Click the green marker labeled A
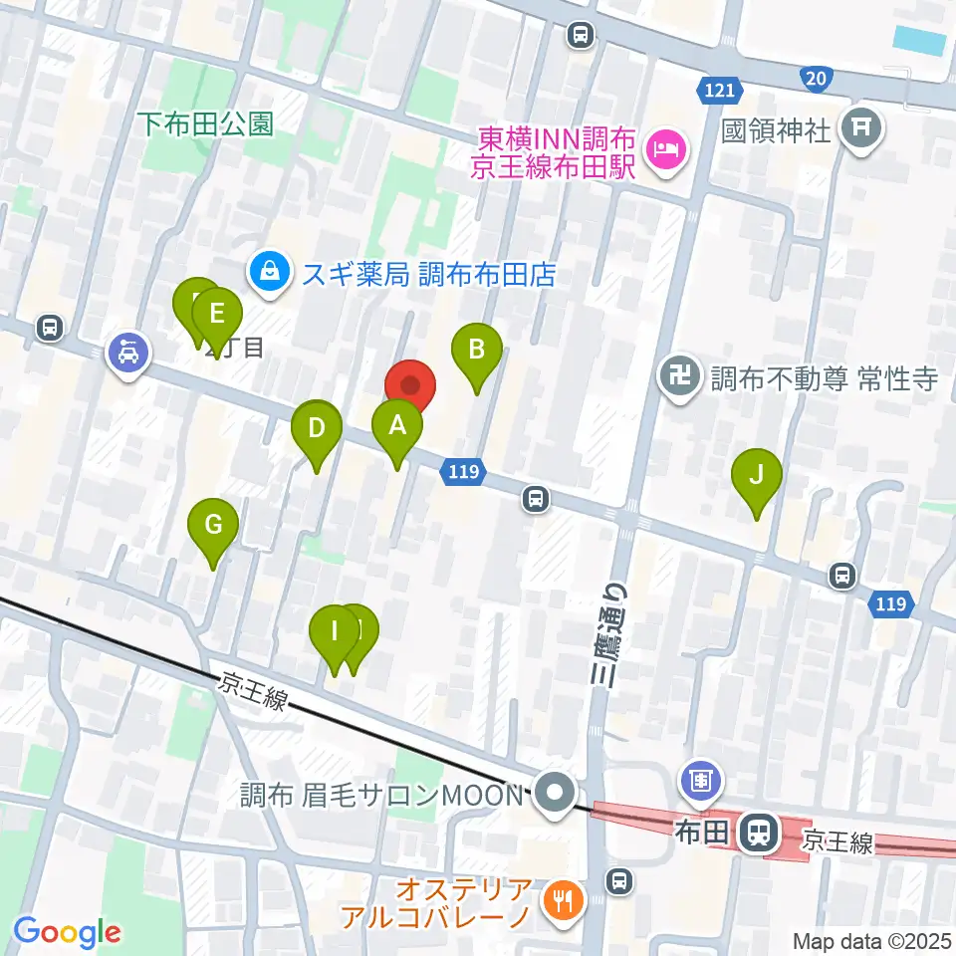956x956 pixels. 397,427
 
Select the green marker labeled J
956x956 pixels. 757,475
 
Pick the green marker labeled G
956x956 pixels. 214,524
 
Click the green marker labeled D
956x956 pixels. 317,429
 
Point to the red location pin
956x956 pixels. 411,384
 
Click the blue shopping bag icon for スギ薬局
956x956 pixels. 268,269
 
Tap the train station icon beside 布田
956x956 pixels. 760,832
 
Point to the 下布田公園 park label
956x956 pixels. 205,123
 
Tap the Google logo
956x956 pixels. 68,932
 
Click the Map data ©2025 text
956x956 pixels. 870,940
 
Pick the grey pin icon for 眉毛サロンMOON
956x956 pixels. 551,794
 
